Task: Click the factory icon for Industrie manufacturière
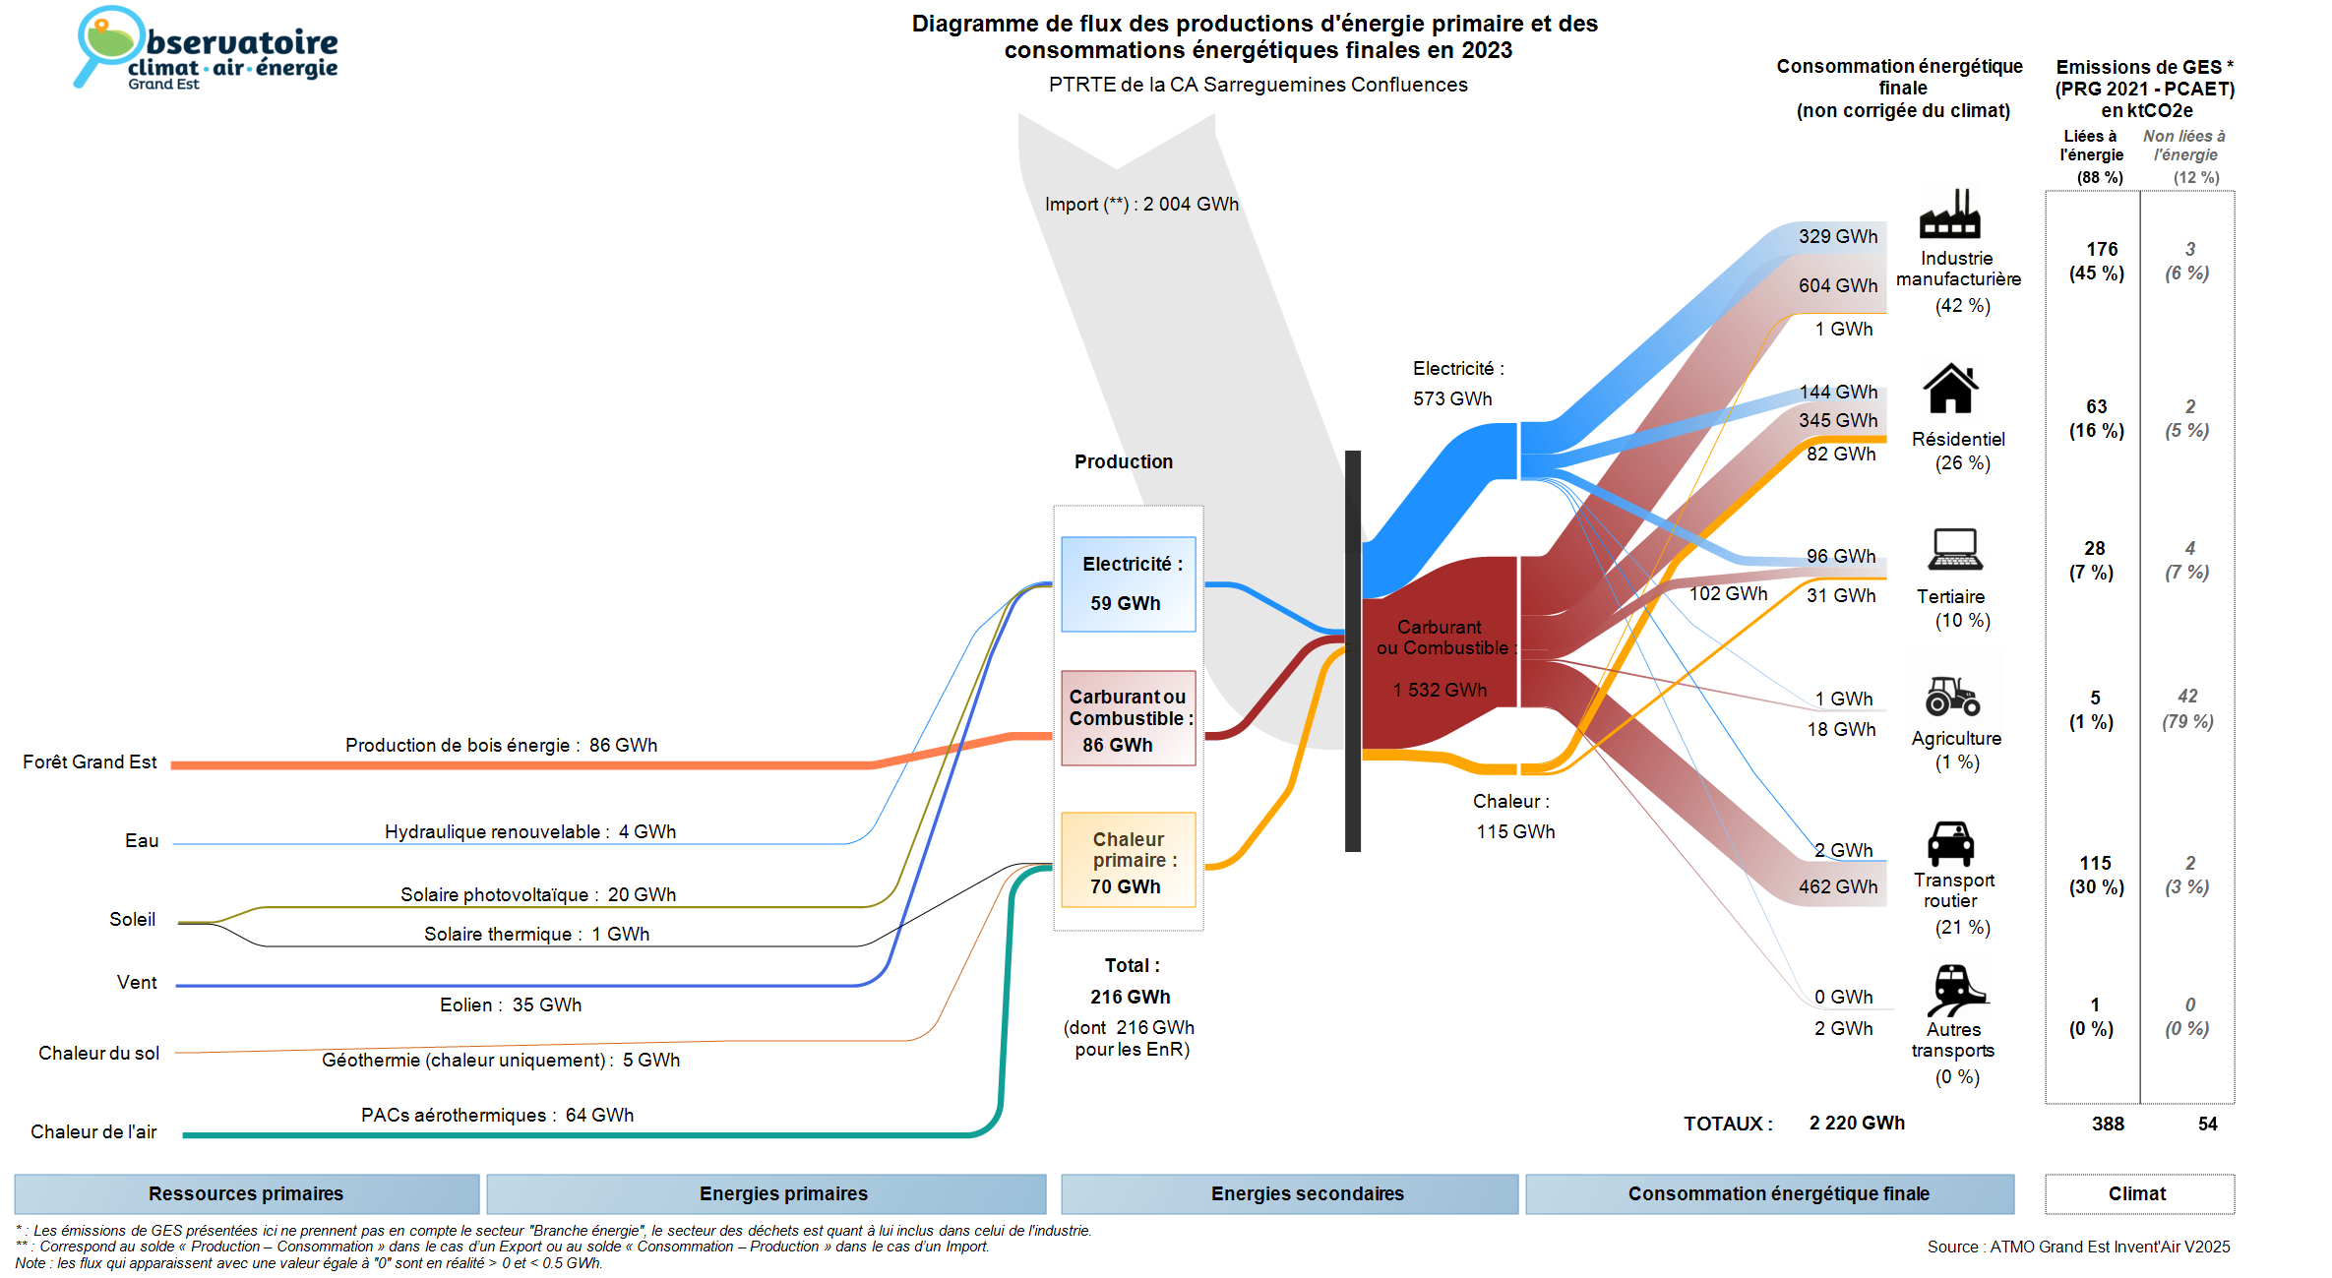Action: pos(1949,213)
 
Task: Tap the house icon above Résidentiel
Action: pos(1950,389)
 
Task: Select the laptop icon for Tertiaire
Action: pos(1954,549)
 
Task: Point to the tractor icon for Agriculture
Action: pos(1952,696)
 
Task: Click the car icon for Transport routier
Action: pos(1950,843)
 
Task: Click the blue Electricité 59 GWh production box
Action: pos(1128,583)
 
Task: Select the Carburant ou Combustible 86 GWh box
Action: pos(1128,719)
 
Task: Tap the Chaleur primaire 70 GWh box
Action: pos(1128,861)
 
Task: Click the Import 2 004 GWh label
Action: pos(1141,204)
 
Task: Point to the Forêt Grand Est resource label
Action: pos(90,762)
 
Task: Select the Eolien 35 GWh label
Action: pos(511,1004)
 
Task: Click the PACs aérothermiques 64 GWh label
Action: pos(497,1115)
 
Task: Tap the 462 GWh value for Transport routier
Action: pos(1837,886)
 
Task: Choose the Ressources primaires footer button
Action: pos(246,1193)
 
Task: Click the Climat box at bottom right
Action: pos(2138,1193)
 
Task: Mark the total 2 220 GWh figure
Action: pos(1856,1123)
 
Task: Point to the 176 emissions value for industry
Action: pos(2101,249)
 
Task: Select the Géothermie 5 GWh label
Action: pos(501,1060)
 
